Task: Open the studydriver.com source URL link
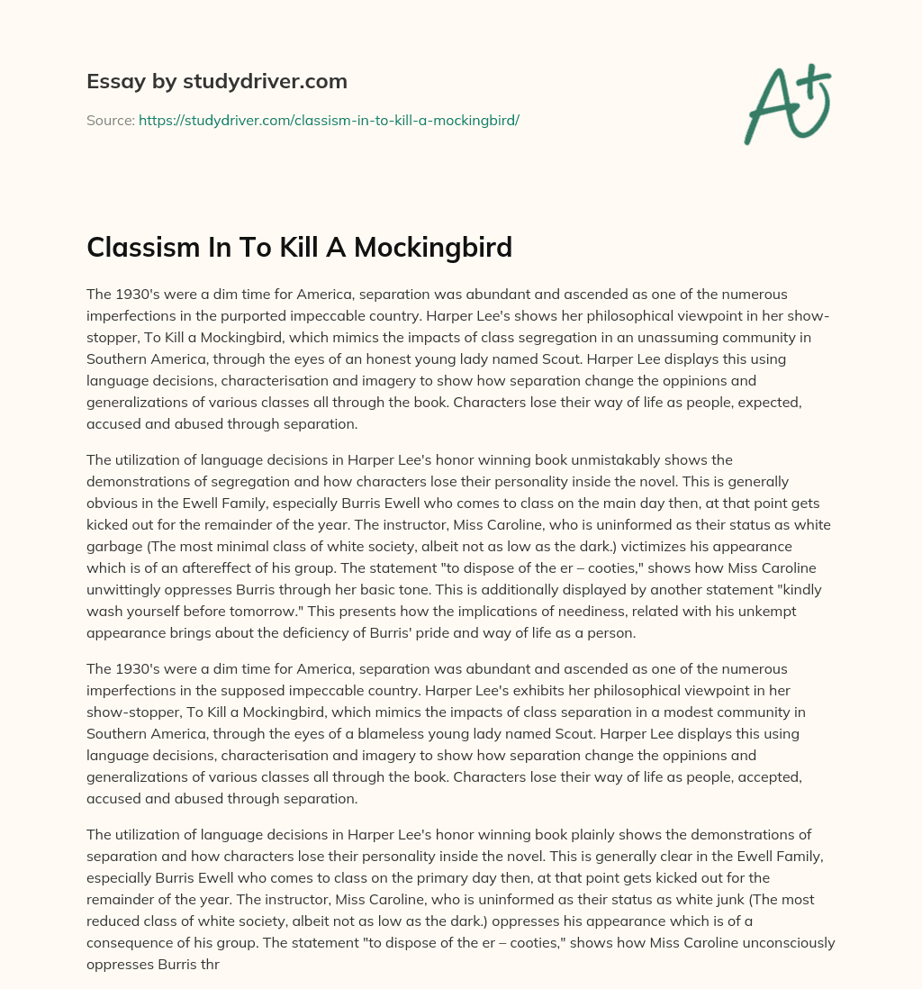(329, 120)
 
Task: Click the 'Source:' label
(110, 120)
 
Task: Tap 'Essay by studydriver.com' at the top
(216, 81)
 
